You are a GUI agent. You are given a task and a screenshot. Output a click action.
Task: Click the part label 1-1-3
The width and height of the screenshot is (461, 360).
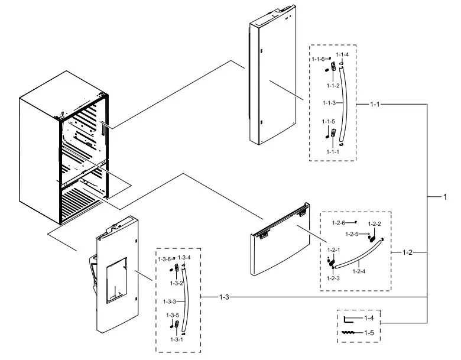[x=329, y=103]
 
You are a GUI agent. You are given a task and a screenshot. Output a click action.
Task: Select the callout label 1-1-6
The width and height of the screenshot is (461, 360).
[x=318, y=59]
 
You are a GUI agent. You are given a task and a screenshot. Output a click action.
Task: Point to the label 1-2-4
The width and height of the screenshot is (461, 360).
[x=359, y=271]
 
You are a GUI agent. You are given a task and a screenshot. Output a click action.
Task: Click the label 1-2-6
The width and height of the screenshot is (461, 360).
[x=338, y=222]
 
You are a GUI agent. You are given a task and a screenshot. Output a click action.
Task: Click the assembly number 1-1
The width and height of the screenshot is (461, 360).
[x=374, y=105]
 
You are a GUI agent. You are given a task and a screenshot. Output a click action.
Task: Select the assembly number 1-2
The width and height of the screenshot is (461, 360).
[x=407, y=252]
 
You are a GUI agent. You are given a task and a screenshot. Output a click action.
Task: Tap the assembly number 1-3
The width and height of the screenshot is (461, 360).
[x=224, y=296]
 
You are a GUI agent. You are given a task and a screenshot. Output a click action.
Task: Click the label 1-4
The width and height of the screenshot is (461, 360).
[x=369, y=319]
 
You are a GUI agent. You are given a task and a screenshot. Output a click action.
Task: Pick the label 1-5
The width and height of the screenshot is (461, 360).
[x=369, y=333]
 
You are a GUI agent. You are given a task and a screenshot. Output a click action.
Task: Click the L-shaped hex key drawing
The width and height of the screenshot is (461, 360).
[x=349, y=320]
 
